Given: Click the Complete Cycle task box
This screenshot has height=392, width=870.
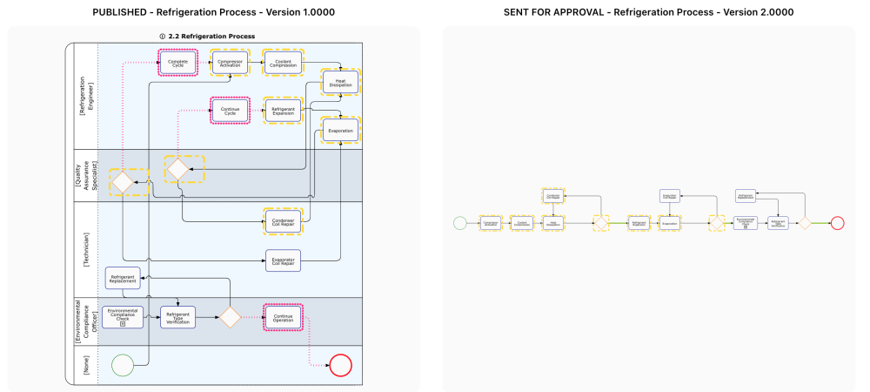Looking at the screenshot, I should tap(177, 63).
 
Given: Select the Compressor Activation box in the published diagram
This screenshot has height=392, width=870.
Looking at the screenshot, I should tap(231, 63).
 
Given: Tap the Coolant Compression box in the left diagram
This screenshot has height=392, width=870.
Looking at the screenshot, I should tap(283, 63).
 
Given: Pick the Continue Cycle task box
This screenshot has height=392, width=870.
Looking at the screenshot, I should tap(231, 111).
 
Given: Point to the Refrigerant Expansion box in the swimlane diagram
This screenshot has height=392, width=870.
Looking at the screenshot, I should tap(283, 111).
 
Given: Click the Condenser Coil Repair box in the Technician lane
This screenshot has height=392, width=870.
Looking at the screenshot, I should tap(283, 221).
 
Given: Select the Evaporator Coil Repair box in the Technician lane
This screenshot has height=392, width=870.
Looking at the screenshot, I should tap(283, 260).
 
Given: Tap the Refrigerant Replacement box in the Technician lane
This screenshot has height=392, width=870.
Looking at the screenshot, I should tap(123, 278).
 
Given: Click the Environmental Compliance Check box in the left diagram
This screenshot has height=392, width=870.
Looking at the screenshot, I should tap(123, 317).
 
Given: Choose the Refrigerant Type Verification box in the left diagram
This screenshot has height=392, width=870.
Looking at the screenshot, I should tap(177, 317).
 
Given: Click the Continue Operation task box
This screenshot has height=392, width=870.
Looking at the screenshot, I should tap(283, 317).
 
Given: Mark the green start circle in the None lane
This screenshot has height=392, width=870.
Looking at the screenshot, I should tap(123, 364).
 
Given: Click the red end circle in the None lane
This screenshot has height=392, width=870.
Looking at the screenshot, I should tap(340, 364).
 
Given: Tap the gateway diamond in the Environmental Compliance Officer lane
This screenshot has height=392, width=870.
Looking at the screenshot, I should tap(230, 317).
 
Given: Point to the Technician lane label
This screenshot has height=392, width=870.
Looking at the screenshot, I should tap(84, 249).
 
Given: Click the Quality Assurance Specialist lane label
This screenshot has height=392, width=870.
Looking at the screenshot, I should tap(84, 175).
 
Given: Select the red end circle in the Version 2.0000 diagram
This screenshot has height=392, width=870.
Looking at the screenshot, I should tap(837, 223).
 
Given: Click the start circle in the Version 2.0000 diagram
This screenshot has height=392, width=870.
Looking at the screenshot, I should tap(460, 223).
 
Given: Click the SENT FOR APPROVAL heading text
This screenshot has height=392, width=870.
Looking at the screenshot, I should tap(648, 12).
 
